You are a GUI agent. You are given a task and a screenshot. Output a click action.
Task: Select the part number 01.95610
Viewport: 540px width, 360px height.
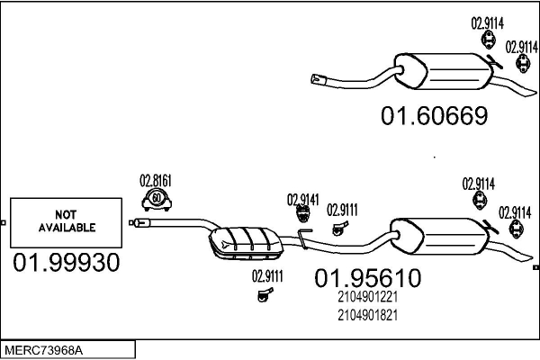(x=367, y=279)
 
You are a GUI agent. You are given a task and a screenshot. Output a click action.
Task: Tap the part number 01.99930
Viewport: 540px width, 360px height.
(x=65, y=263)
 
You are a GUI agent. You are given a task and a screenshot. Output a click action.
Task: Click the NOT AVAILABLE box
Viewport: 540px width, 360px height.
(x=66, y=222)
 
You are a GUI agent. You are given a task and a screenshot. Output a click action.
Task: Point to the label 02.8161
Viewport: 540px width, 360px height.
(x=155, y=178)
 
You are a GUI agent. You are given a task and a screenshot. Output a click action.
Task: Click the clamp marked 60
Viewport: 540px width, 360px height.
(x=157, y=199)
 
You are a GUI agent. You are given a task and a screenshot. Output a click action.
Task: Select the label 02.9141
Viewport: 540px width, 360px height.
(x=303, y=199)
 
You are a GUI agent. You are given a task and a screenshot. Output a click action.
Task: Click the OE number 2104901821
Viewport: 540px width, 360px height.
(x=367, y=315)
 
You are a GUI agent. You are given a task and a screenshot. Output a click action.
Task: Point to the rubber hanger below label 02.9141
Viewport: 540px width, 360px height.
(x=303, y=214)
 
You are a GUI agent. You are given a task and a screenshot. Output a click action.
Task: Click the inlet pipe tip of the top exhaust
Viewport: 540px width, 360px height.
(x=317, y=80)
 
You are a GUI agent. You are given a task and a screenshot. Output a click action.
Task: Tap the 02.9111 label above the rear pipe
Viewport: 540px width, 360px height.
(x=342, y=211)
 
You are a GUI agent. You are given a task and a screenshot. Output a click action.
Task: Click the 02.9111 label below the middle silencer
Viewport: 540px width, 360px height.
(x=267, y=276)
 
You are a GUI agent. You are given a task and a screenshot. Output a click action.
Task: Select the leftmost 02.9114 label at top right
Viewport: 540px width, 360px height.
(x=487, y=22)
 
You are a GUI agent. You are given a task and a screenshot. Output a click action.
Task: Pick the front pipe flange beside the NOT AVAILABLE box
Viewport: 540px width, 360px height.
(x=137, y=221)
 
